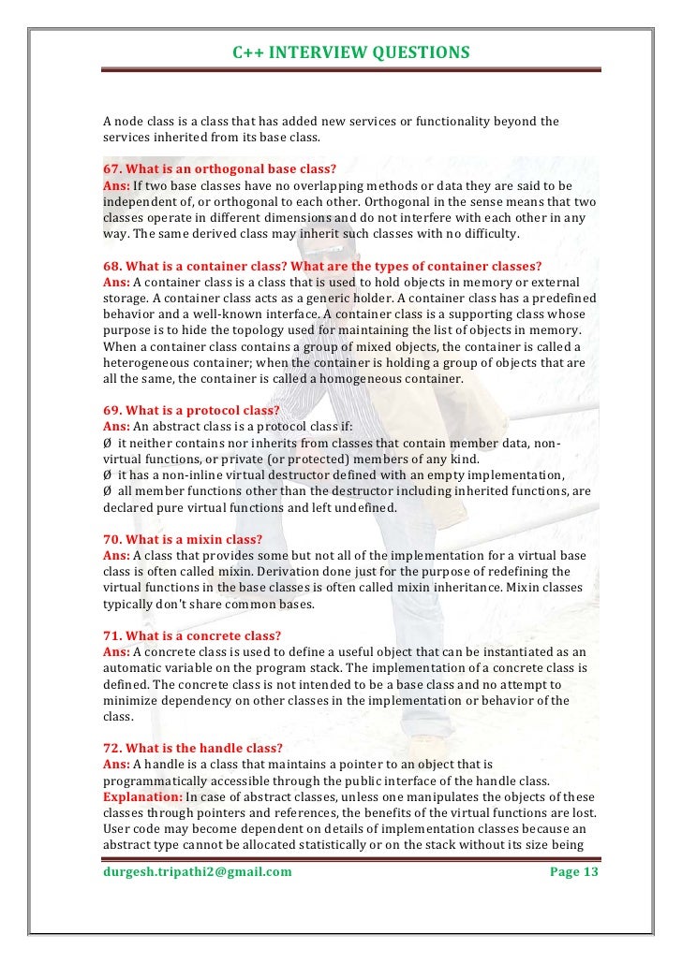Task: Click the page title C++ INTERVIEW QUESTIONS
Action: pyautogui.click(x=350, y=52)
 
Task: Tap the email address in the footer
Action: pyautogui.click(x=198, y=872)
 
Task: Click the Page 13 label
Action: pyautogui.click(x=572, y=872)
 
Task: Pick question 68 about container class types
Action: pyautogui.click(x=322, y=266)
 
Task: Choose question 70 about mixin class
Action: pyautogui.click(x=182, y=539)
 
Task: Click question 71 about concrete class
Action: pyautogui.click(x=191, y=635)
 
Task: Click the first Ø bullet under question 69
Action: pyautogui.click(x=107, y=443)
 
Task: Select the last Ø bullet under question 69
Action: pyautogui.click(x=107, y=491)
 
